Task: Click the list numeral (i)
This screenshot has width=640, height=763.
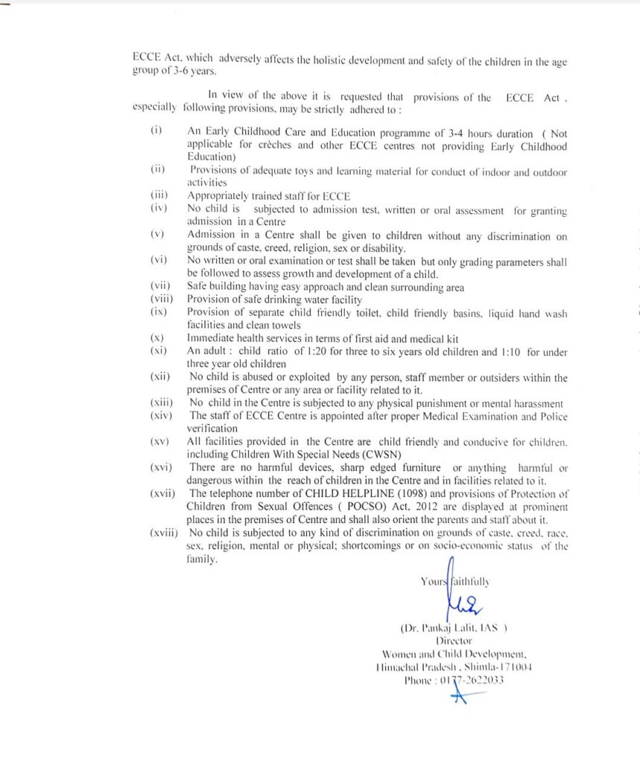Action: [x=156, y=130]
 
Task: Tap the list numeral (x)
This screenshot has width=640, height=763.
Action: [x=156, y=338]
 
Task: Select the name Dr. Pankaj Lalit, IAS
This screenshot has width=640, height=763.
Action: [x=454, y=627]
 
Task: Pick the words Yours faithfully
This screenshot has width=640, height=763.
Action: [x=455, y=580]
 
